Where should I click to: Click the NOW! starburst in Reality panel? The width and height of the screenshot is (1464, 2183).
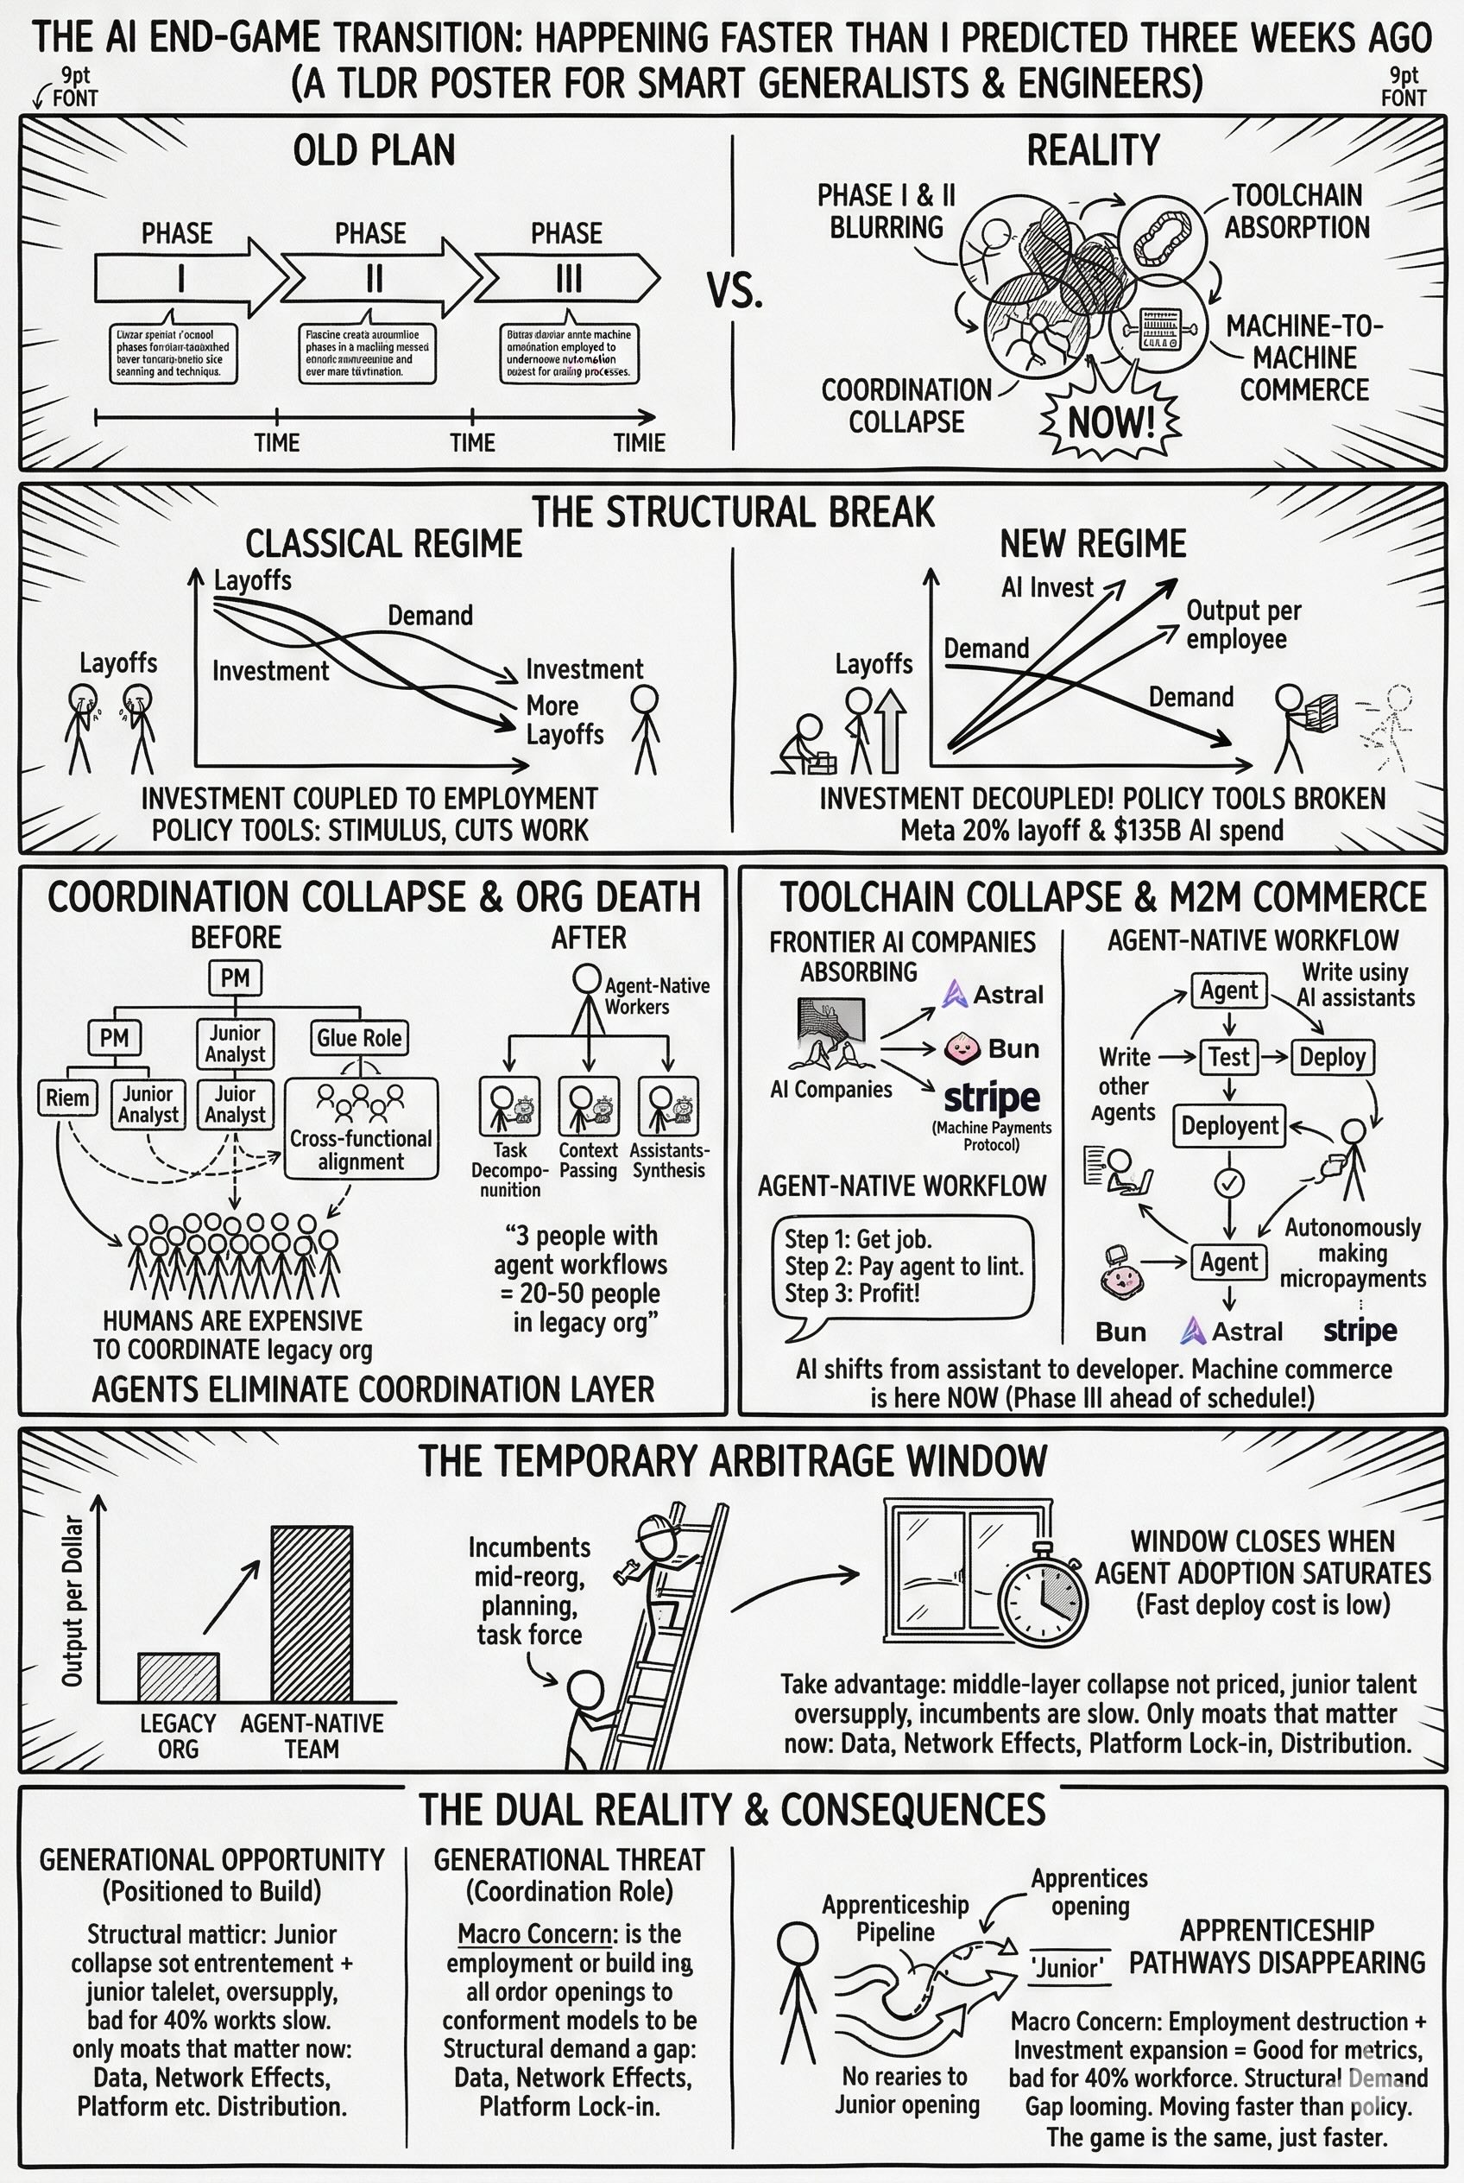1110,422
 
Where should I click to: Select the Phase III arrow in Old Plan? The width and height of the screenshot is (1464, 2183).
568,278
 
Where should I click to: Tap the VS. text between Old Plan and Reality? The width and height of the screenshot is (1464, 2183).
734,291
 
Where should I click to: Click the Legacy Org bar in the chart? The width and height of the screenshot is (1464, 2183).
179,1677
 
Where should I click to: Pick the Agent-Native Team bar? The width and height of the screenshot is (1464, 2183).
312,1613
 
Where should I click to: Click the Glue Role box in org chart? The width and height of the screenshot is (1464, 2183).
358,1038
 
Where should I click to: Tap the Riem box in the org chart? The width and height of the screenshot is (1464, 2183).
68,1098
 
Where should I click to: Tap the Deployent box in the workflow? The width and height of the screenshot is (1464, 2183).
1228,1125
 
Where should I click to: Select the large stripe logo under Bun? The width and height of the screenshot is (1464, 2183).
992,1098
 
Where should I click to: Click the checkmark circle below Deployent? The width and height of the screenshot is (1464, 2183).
1228,1182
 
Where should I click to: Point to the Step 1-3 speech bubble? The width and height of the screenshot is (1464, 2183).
903,1267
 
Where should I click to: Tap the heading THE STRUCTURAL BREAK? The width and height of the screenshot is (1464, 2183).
733,512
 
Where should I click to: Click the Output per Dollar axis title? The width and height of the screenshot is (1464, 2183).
73,1602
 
